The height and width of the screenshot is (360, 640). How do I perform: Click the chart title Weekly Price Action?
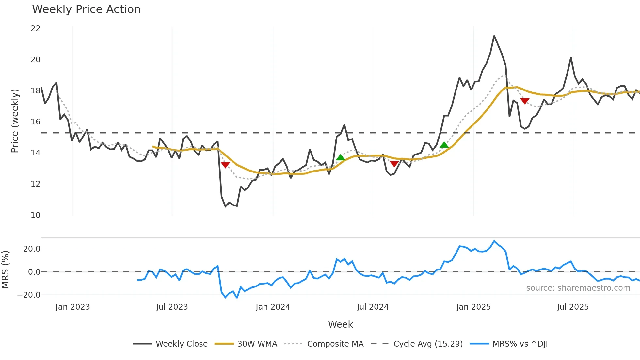(x=86, y=9)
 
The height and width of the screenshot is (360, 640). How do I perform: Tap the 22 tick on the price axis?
(x=35, y=29)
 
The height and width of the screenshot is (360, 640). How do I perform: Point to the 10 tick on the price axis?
(x=35, y=215)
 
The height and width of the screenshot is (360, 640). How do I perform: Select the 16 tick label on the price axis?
(x=35, y=122)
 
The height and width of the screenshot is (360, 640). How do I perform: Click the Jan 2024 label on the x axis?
(x=273, y=307)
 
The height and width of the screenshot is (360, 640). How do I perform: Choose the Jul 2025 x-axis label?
(x=573, y=307)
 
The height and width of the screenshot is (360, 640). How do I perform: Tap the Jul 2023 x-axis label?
(x=172, y=307)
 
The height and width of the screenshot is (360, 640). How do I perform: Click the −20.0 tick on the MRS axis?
(x=29, y=295)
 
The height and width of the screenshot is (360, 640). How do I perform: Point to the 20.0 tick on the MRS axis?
(x=32, y=249)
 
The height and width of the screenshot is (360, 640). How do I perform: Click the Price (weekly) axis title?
(x=15, y=121)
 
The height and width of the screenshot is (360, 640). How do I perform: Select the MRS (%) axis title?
(x=5, y=270)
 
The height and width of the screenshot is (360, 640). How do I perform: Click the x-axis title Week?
(x=340, y=324)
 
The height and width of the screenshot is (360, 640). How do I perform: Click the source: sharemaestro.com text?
(x=578, y=288)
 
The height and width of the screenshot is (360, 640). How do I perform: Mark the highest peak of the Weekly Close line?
(x=494, y=36)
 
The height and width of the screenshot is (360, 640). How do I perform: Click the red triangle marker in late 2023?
(x=225, y=165)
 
